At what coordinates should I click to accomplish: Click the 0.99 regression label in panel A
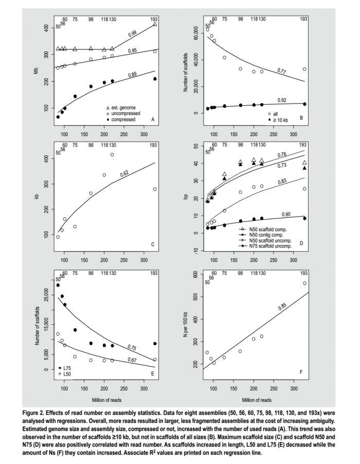coord(132,33)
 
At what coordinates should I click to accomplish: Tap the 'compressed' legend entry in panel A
coord(122,119)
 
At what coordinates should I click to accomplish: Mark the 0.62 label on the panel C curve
coord(124,174)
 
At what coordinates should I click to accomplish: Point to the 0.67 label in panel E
coord(132,360)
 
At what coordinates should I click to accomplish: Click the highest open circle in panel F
coord(304,283)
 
